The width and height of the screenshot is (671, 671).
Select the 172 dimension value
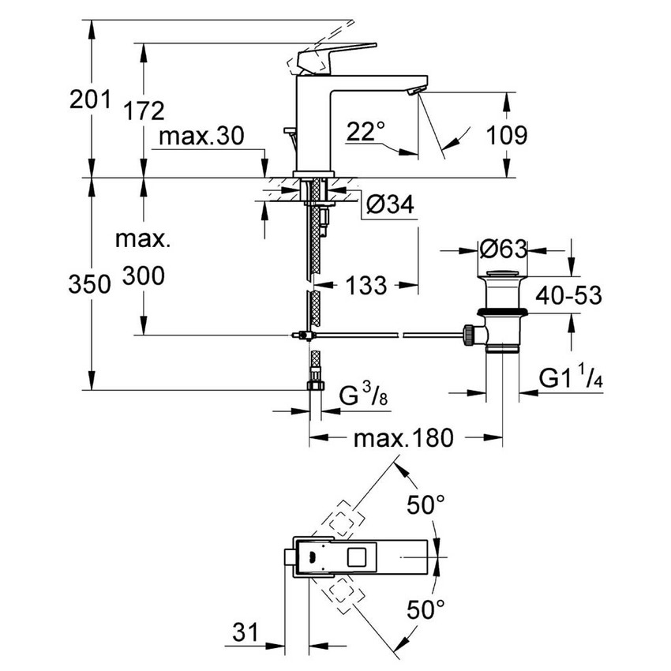click(144, 111)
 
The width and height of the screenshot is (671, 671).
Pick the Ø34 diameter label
click(389, 205)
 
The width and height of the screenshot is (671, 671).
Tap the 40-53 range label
click(569, 295)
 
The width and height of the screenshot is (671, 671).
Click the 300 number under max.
click(144, 276)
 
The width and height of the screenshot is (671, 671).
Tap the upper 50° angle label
click(427, 505)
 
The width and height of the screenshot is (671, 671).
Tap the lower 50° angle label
click(427, 609)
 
